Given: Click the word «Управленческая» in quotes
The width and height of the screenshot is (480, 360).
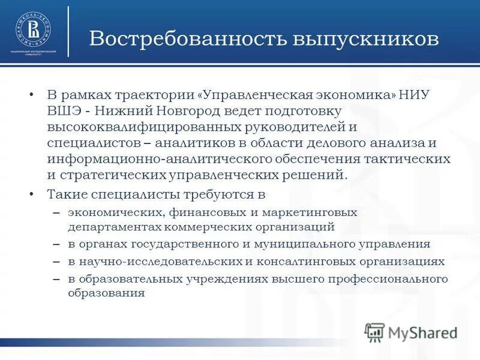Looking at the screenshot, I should point(255,96).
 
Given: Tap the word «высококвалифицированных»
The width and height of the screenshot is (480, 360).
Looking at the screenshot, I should point(138,127).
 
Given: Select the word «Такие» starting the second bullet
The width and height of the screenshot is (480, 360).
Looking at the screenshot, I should point(67,194).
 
